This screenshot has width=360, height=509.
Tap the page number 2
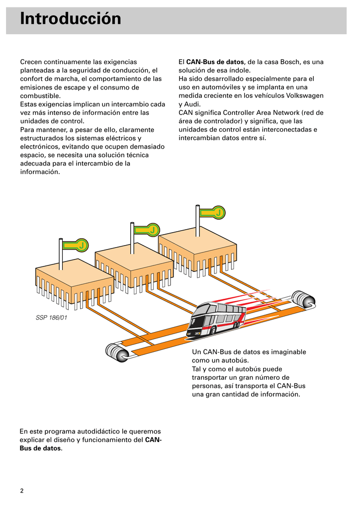pos(22,491)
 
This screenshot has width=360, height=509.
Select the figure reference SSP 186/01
pos(51,317)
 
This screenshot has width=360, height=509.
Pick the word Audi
pos(192,104)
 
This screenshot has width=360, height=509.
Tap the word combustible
pos(40,96)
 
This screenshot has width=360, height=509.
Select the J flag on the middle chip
pos(153,230)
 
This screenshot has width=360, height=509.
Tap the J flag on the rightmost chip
pos(217,213)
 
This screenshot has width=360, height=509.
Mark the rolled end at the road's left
pos(118,352)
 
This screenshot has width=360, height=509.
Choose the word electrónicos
pos(40,147)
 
